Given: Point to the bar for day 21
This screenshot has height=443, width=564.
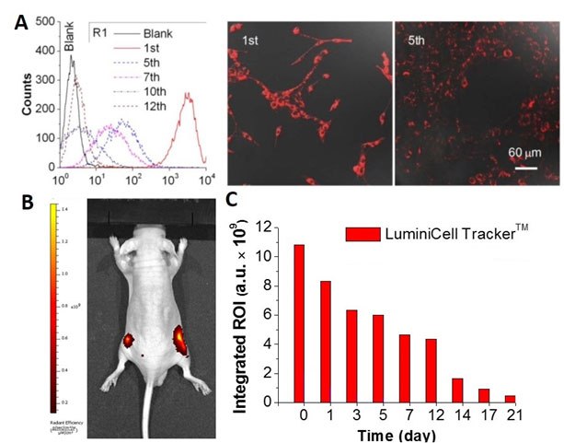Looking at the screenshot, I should point(509,398).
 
